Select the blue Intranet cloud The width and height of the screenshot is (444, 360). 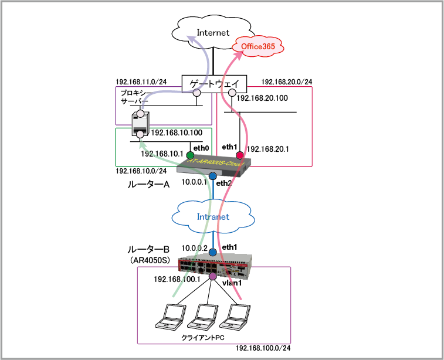pyautogui.click(x=212, y=216)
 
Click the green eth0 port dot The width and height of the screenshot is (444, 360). pyautogui.click(x=190, y=155)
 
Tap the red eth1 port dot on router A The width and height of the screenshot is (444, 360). pyautogui.click(x=240, y=155)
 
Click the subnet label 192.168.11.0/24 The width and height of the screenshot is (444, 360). pyautogui.click(x=141, y=81)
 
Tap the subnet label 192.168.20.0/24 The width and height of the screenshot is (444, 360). pyautogui.click(x=287, y=81)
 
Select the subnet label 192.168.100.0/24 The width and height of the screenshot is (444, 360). pyautogui.click(x=263, y=348)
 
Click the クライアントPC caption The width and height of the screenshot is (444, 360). pyautogui.click(x=204, y=338)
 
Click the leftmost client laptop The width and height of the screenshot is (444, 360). pyautogui.click(x=168, y=317)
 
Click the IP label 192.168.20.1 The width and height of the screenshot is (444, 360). pyautogui.click(x=269, y=150)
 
